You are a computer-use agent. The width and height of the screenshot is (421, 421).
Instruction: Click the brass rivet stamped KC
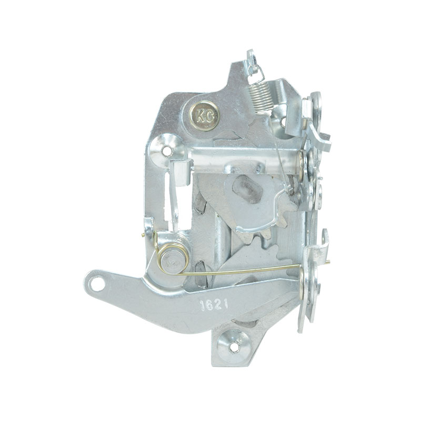click(204, 116)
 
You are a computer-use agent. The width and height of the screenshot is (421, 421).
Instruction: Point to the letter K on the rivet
click(200, 116)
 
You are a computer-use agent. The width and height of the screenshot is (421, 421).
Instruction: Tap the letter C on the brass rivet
click(209, 116)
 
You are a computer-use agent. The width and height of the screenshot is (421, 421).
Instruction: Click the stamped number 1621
click(214, 305)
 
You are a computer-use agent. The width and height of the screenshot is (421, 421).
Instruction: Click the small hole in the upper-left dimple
click(167, 149)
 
